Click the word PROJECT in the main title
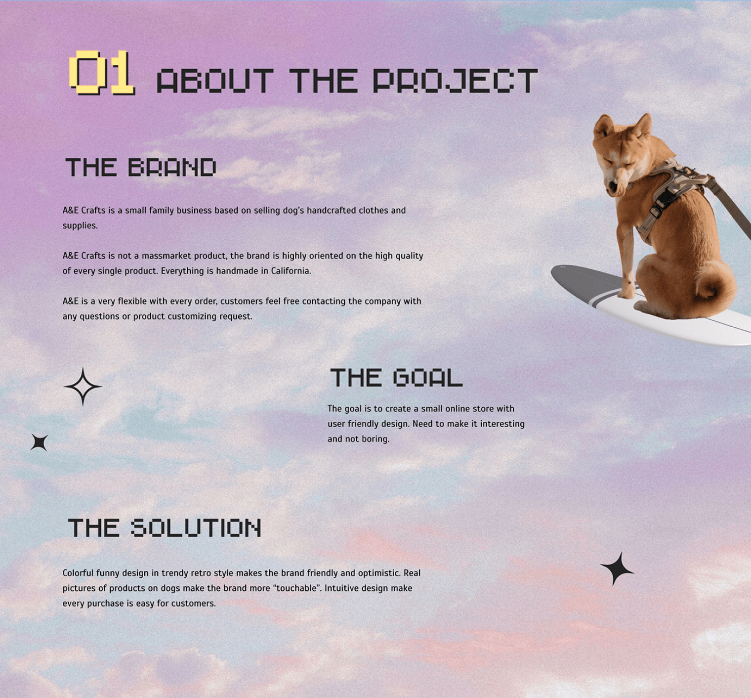tap(455, 81)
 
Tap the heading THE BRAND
tap(141, 168)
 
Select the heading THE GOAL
tap(396, 378)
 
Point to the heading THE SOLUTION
tap(165, 528)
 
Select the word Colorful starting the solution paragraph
tap(78, 573)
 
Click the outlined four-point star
tap(83, 387)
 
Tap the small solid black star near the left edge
tap(40, 442)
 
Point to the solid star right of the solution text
tap(617, 569)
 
